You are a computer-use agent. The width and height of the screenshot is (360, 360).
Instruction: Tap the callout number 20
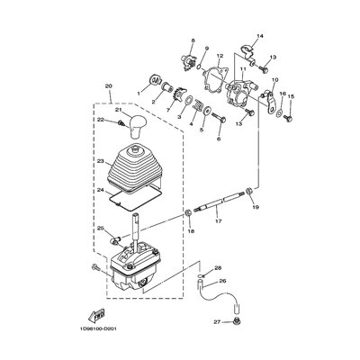click(109, 86)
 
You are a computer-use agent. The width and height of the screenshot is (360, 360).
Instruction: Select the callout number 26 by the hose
click(223, 280)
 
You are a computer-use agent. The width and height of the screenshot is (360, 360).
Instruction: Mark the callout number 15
click(290, 96)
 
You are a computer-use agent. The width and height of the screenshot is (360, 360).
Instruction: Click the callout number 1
click(139, 92)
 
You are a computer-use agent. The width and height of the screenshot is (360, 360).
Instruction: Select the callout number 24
click(101, 192)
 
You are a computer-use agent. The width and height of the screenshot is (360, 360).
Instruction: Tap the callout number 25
click(102, 229)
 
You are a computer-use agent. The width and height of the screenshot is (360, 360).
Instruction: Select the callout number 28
click(217, 267)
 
